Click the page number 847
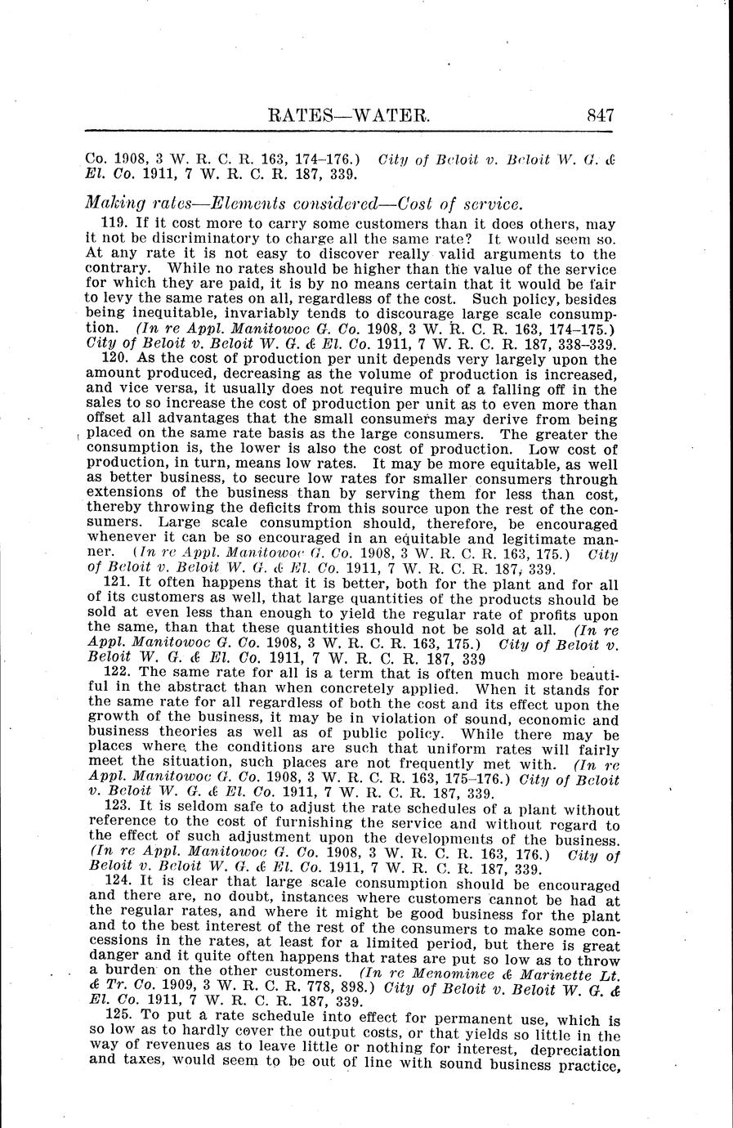click(600, 114)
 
